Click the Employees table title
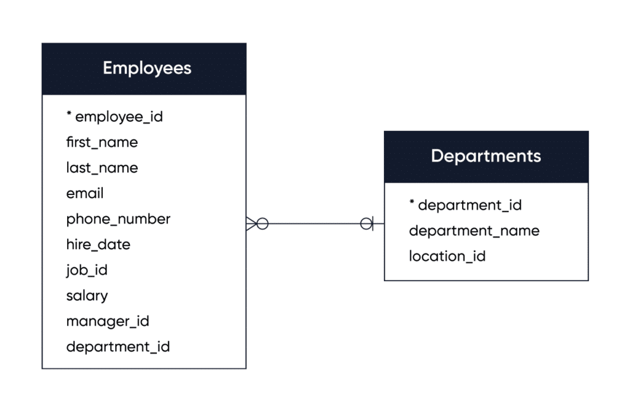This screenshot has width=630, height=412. pos(146,68)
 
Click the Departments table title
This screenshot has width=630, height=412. pos(486,156)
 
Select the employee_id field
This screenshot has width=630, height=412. pos(119,116)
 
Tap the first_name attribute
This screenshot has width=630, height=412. pos(102,142)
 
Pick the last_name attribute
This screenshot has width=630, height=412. pos(102,168)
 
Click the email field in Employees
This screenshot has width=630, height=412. pos(85,194)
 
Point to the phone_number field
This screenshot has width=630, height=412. pos(118,219)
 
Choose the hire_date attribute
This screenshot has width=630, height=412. pos(98,244)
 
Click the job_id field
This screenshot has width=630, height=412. pos(87,270)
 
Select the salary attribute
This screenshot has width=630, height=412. pos(87,296)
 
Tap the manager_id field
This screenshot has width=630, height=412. pos(108,321)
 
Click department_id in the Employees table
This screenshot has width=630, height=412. pos(118,347)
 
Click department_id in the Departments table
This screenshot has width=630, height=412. pos(469,205)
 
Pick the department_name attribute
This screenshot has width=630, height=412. pos(474,231)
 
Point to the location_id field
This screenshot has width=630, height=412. pos(447,256)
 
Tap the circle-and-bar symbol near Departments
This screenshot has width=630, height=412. pos(368,223)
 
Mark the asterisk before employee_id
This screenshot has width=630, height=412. pos(70,115)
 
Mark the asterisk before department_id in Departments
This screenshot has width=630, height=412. pos(412,204)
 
